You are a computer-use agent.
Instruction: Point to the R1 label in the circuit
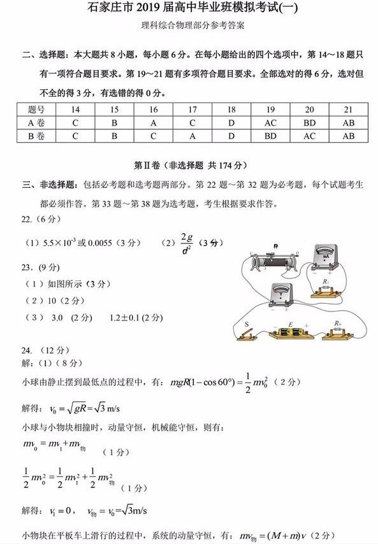(326, 282)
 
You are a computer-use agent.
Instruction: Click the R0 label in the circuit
(336, 324)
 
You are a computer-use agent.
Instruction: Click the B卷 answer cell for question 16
(154, 136)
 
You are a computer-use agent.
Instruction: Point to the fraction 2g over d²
(187, 243)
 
